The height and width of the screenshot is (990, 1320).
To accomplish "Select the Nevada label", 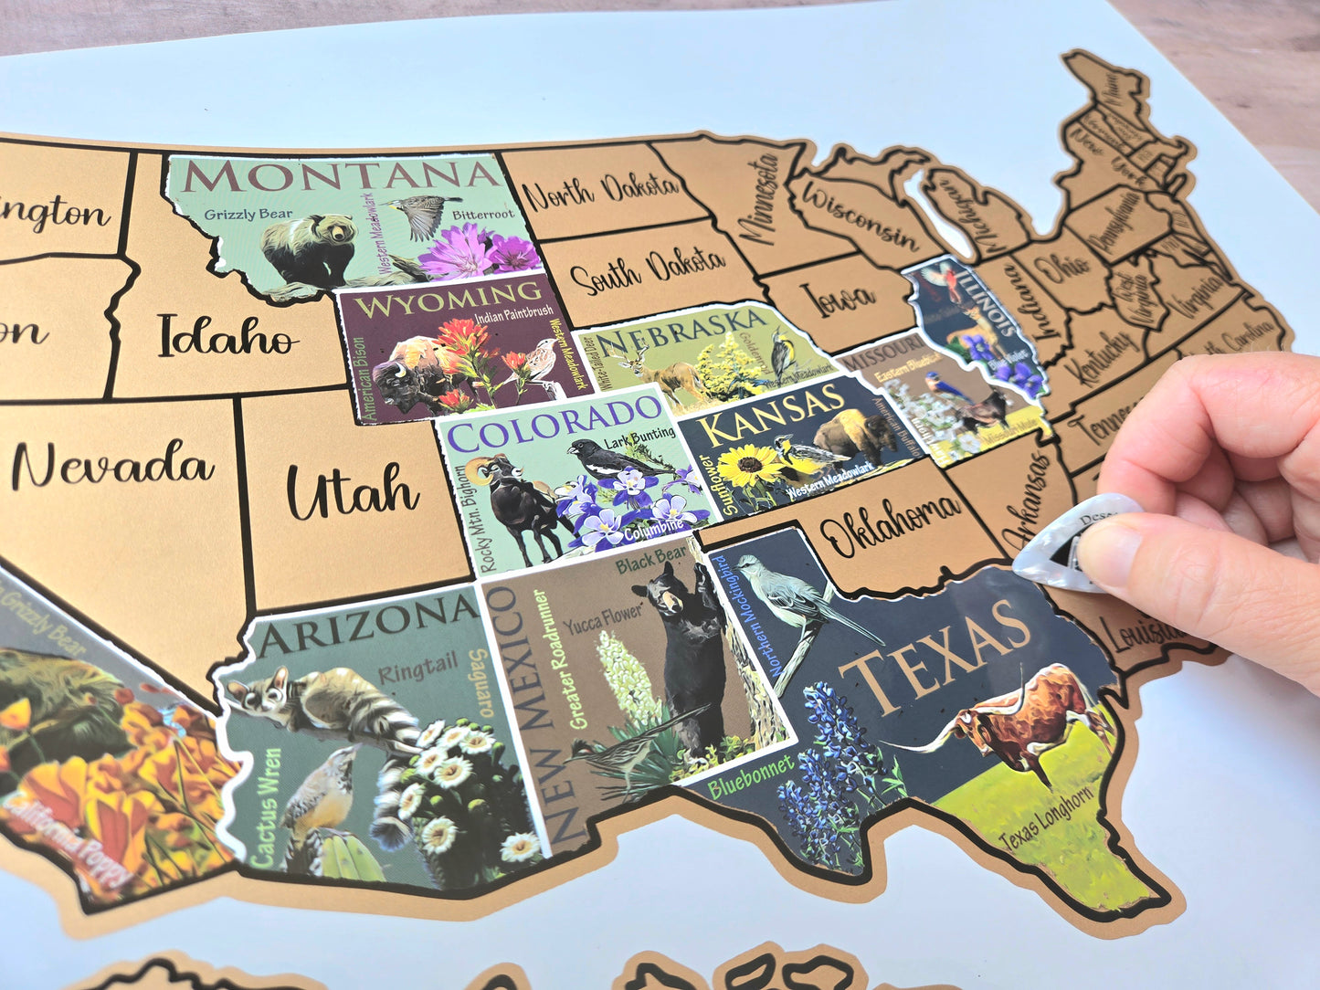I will [x=112, y=465].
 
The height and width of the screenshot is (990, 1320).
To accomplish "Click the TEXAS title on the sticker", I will [x=936, y=655].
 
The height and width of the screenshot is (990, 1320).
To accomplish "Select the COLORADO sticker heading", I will [x=554, y=424].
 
